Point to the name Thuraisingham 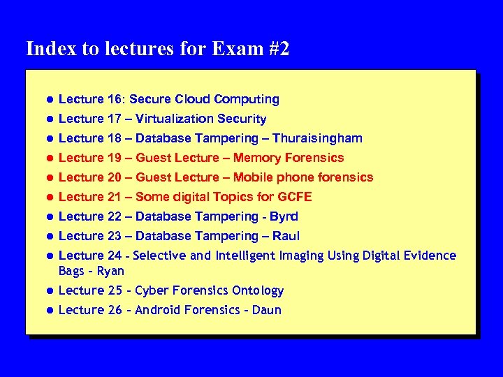[x=317, y=138]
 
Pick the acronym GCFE [x=293, y=197]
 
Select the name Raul [x=286, y=236]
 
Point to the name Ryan [x=110, y=271]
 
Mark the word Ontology [x=257, y=290]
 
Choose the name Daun [x=267, y=310]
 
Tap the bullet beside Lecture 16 [x=50, y=100]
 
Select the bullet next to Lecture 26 [x=50, y=311]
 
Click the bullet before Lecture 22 [x=50, y=217]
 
